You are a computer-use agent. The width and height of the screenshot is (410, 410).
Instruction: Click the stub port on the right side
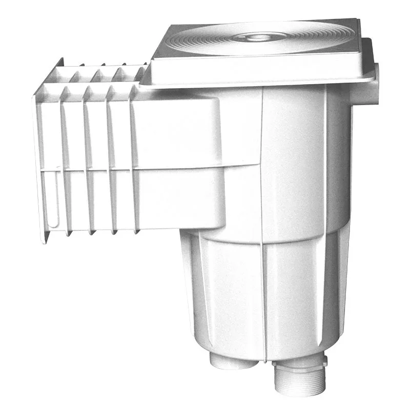click(x=372, y=82)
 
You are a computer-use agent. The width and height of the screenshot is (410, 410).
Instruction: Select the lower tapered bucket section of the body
click(x=256, y=297)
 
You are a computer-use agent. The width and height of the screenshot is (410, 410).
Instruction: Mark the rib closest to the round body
click(x=134, y=159)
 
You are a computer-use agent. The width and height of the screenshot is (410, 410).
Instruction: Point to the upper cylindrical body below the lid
click(x=297, y=154)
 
